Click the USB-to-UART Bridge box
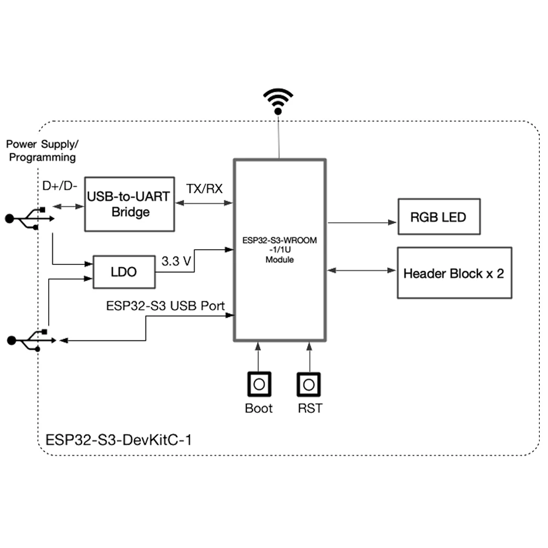[130, 204]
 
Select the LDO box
[124, 272]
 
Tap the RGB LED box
[439, 217]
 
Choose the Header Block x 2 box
[454, 273]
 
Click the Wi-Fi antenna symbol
[278, 101]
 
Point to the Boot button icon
[259, 384]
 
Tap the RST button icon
[309, 384]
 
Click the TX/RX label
[204, 189]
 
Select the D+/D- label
[60, 186]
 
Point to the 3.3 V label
[176, 262]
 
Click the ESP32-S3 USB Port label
[165, 305]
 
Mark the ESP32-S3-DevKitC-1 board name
[119, 440]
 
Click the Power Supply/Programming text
[42, 151]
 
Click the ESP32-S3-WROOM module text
[280, 250]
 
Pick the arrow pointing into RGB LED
[361, 223]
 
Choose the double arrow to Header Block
[361, 270]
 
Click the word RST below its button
[310, 408]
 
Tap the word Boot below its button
[259, 408]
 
